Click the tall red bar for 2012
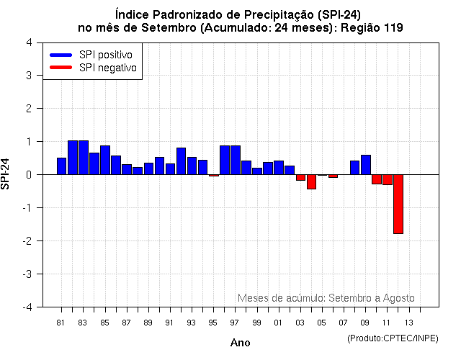(x=398, y=204)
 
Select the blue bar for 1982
(x=73, y=158)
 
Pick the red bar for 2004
(x=311, y=181)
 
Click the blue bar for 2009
(x=366, y=165)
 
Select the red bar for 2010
(x=377, y=179)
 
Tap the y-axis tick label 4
(x=28, y=42)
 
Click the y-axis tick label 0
(x=28, y=174)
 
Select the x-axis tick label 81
(x=61, y=323)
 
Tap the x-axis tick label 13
(x=408, y=323)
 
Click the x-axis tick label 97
(x=235, y=323)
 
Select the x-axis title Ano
(x=240, y=343)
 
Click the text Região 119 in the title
(x=370, y=27)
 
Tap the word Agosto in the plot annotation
(x=399, y=297)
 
